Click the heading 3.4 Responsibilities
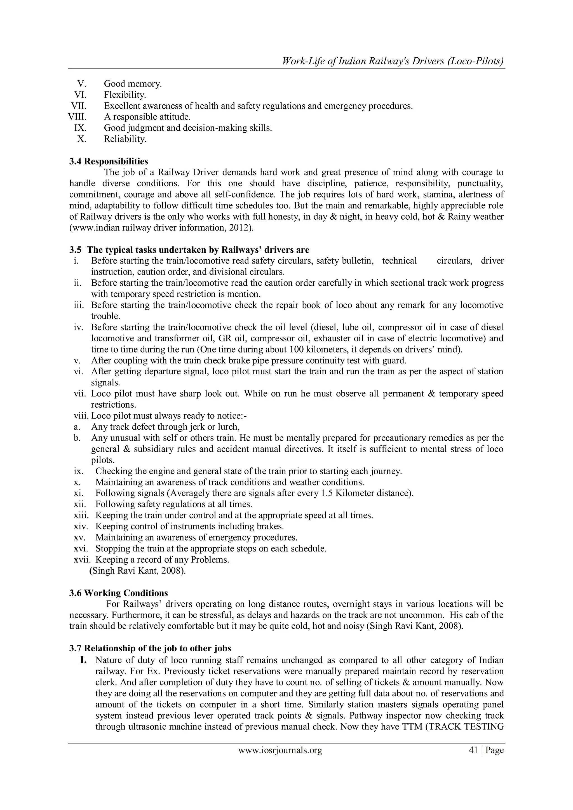[108, 161]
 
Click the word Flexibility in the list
[125, 95]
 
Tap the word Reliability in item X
[125, 139]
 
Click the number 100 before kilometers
[296, 350]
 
